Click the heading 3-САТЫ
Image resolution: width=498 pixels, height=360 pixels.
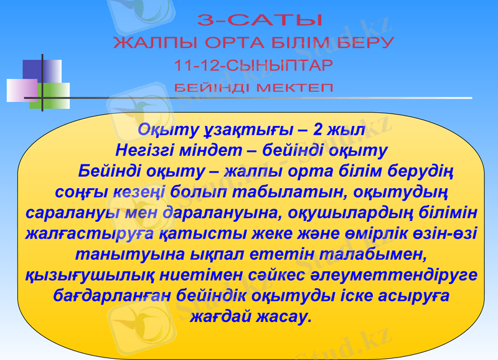(x=260, y=21)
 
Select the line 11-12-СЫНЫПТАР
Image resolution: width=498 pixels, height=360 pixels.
(x=253, y=65)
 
